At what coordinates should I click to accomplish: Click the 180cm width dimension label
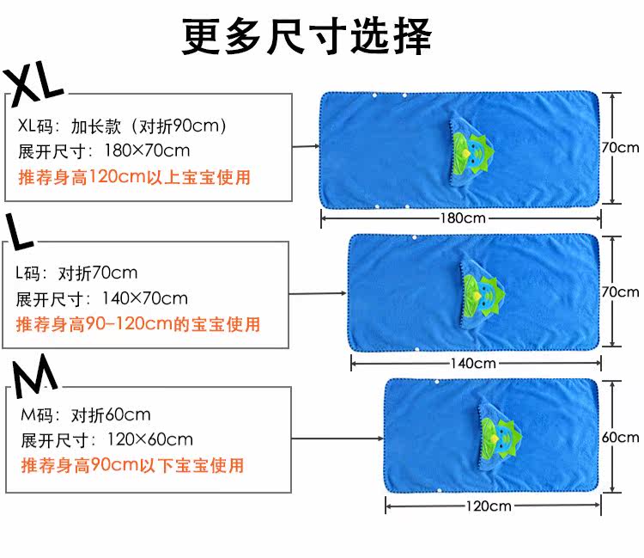click(x=464, y=218)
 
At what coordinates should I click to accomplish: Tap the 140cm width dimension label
click(x=473, y=363)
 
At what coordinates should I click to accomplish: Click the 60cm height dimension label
click(x=620, y=438)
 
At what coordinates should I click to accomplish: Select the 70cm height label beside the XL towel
click(x=620, y=148)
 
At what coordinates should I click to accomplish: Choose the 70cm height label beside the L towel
click(x=620, y=292)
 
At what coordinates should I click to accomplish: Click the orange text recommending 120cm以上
click(x=134, y=178)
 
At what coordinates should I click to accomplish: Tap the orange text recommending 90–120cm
click(x=138, y=325)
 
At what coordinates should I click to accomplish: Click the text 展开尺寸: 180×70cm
click(x=104, y=152)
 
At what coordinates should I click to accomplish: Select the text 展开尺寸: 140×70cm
click(x=102, y=299)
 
